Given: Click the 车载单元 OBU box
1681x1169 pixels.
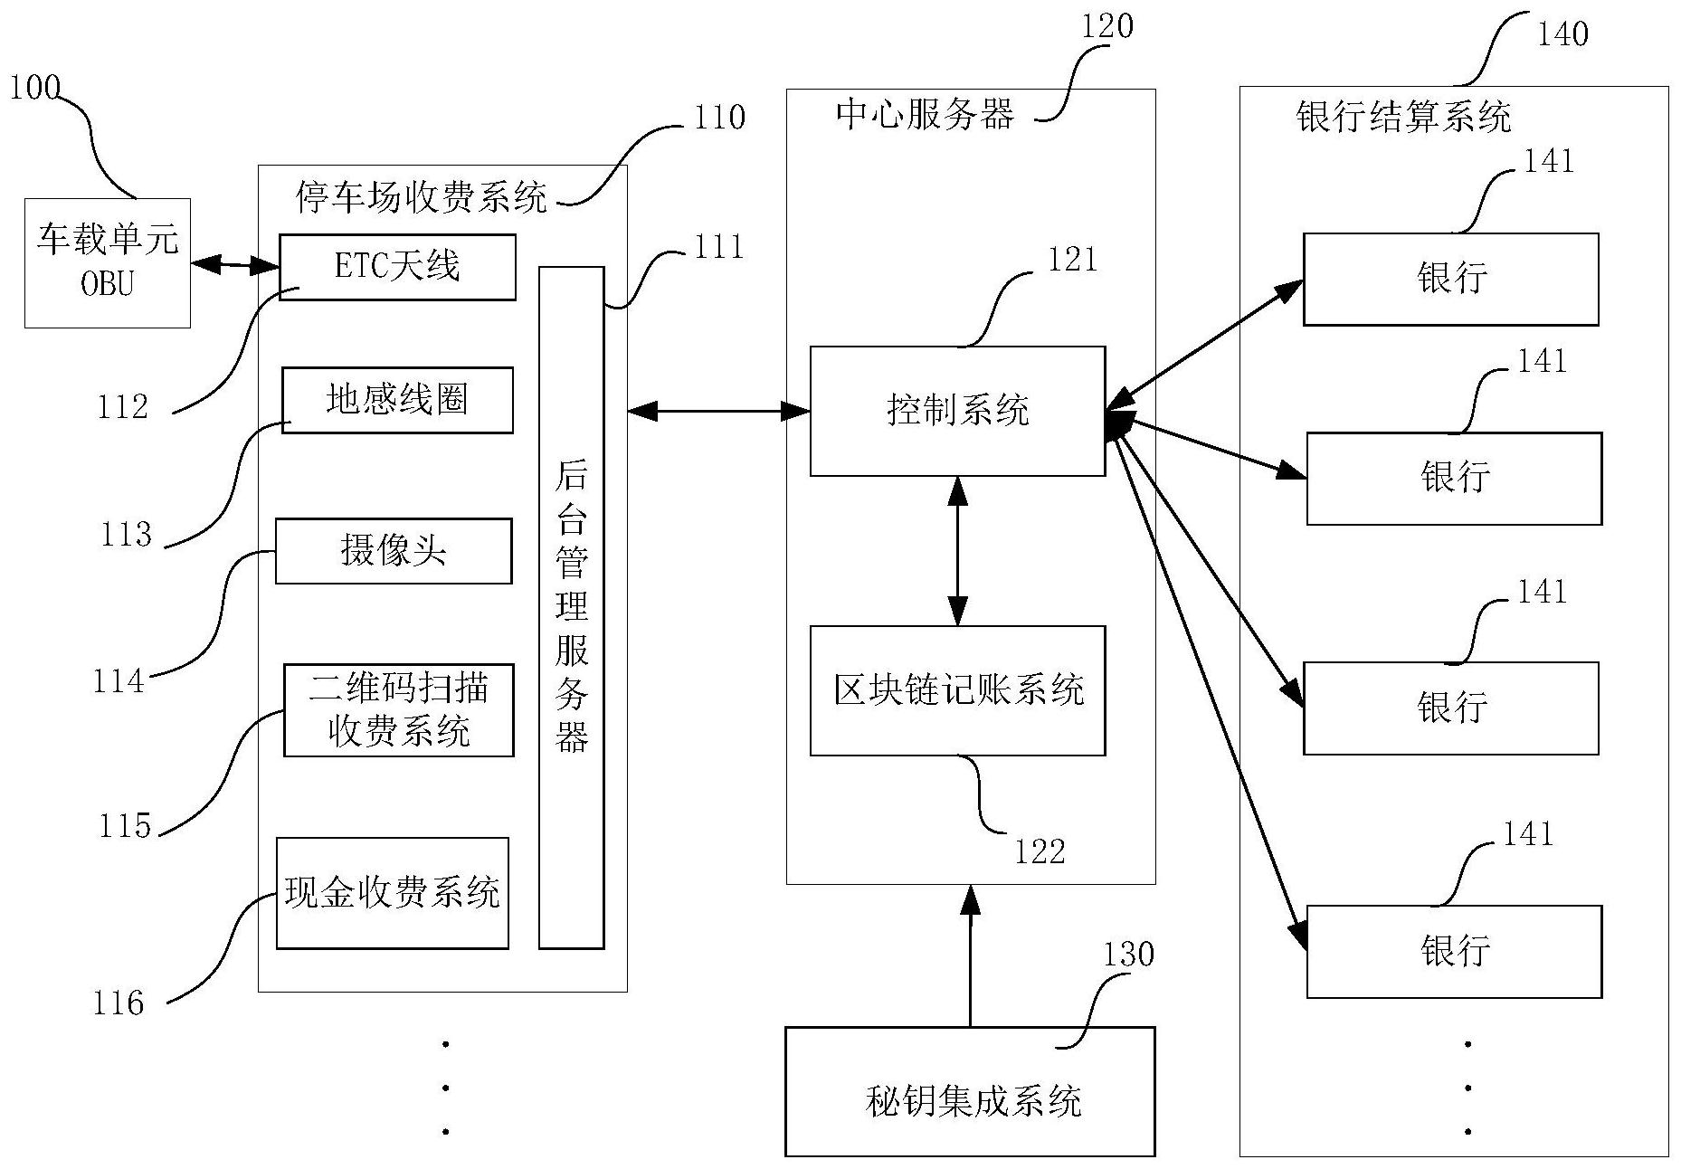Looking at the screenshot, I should [x=107, y=262].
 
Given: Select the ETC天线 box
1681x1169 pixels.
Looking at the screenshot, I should [x=397, y=267].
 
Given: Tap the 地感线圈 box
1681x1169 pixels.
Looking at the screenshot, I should [x=397, y=400].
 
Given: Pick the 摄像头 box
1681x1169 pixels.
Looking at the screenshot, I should [x=393, y=550].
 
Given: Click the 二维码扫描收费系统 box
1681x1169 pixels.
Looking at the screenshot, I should [x=398, y=710].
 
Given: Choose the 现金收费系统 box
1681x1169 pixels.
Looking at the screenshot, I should [x=392, y=893].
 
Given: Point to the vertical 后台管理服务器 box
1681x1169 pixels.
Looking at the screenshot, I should [x=571, y=607].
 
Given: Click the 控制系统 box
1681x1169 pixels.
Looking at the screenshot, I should [x=957, y=411].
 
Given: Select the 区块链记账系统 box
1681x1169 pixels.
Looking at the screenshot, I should [x=957, y=690].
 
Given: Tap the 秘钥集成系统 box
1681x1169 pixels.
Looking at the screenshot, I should [x=970, y=1091].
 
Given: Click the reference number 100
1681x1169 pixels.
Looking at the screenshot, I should [x=34, y=88].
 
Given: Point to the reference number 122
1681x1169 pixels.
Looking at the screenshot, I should [x=1040, y=851].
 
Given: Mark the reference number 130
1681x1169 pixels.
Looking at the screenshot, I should [x=1127, y=955].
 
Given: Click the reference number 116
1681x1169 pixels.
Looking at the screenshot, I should [x=119, y=1003].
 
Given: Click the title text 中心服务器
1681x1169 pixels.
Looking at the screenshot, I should [x=925, y=115].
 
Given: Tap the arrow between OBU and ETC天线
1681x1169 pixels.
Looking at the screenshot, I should [x=235, y=265].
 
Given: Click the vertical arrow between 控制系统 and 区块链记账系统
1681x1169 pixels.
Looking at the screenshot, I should [x=957, y=550].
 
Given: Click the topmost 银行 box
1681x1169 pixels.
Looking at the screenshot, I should [x=1450, y=279].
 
